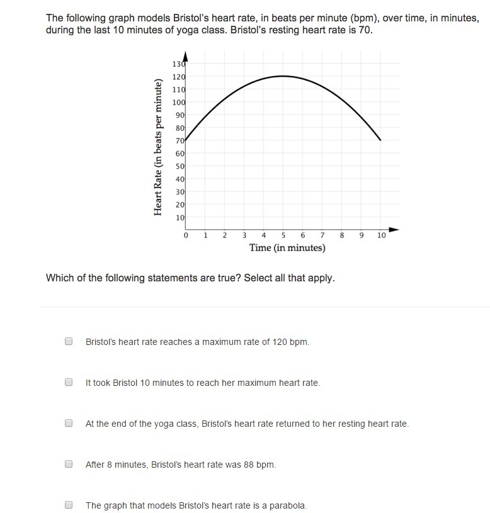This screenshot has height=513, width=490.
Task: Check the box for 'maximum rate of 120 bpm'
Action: point(69,341)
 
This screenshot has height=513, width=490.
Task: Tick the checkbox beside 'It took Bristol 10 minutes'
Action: point(69,382)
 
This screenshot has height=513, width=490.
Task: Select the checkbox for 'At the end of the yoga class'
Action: point(69,424)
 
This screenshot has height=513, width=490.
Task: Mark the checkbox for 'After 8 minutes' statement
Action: point(69,465)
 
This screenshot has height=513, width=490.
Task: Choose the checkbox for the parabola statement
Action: point(69,505)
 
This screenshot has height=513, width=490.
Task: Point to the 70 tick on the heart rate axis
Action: point(179,141)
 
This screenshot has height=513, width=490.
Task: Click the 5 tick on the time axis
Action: point(283,235)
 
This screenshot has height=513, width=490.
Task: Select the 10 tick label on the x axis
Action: point(382,235)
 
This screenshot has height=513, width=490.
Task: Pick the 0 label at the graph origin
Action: point(186,235)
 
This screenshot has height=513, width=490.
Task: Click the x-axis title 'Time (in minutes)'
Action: point(287,248)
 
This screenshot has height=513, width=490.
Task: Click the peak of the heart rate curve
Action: point(283,76)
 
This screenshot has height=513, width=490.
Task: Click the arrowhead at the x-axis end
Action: point(394,228)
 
